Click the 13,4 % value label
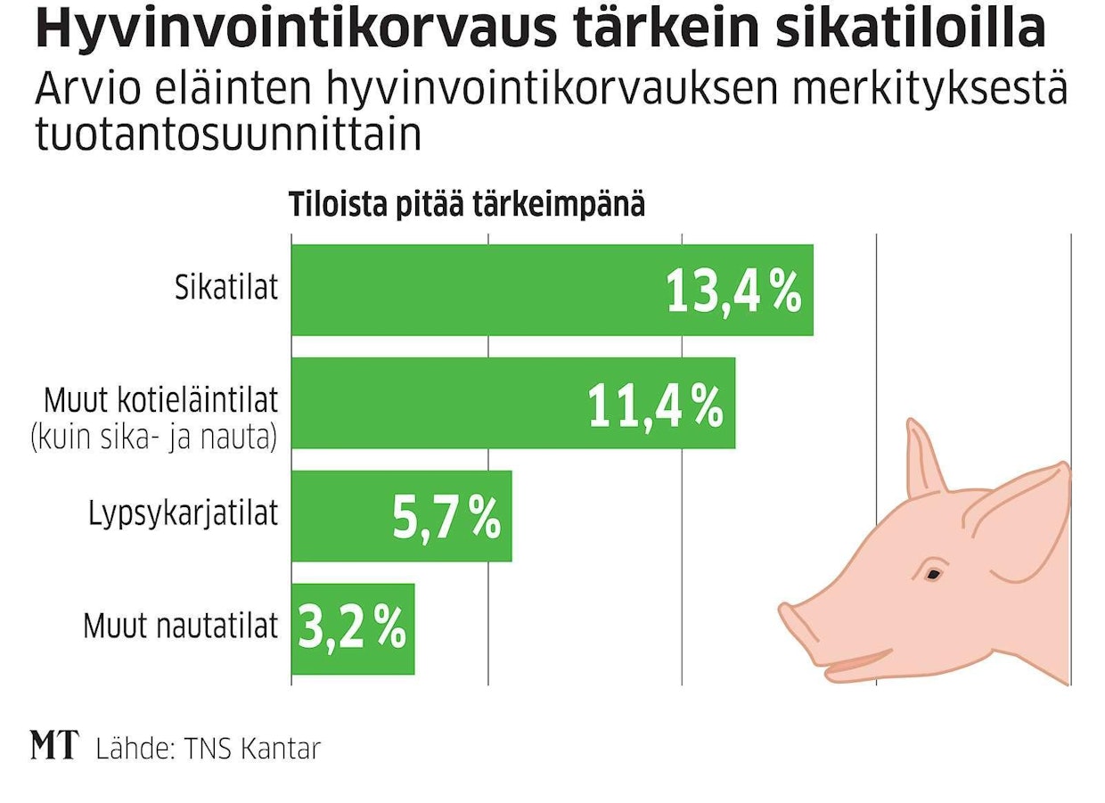733,291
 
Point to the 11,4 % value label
655,406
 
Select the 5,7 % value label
446,518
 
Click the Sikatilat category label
225,289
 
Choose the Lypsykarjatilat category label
184,514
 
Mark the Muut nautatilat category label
181,627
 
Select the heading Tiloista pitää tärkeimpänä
466,205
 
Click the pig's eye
933,574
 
